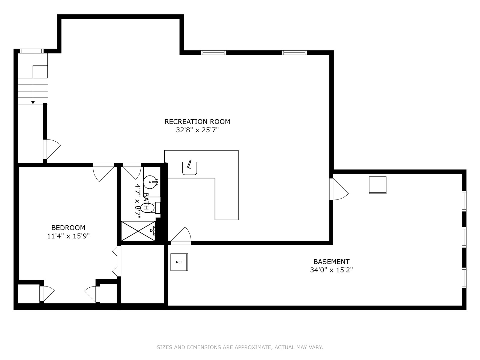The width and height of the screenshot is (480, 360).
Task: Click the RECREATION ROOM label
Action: click(x=197, y=121)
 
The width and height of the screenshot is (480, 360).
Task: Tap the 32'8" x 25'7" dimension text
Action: click(x=197, y=130)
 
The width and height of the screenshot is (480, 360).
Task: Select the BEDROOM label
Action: click(x=68, y=228)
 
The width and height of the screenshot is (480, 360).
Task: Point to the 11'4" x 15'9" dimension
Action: click(x=68, y=236)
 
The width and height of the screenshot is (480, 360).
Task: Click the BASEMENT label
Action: click(x=331, y=262)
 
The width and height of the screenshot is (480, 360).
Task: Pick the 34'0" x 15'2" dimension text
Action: click(x=331, y=270)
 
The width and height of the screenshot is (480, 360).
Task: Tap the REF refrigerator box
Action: click(x=179, y=262)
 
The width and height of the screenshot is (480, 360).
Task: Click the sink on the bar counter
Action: click(x=190, y=168)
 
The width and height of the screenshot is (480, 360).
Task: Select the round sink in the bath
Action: click(x=150, y=182)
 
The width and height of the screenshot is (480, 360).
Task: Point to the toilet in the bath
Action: click(x=151, y=208)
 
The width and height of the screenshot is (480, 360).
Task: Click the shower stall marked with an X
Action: click(x=138, y=231)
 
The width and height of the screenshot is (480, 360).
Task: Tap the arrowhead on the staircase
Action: click(x=33, y=103)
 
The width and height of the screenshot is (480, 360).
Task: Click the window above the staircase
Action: click(x=32, y=51)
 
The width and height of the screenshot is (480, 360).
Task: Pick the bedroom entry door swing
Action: click(x=103, y=172)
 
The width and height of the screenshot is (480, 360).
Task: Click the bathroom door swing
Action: click(x=132, y=171)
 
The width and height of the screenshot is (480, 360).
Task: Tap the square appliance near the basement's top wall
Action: click(x=377, y=185)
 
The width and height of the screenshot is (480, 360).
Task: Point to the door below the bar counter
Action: click(x=181, y=236)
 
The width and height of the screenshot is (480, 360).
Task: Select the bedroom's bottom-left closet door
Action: click(x=46, y=294)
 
